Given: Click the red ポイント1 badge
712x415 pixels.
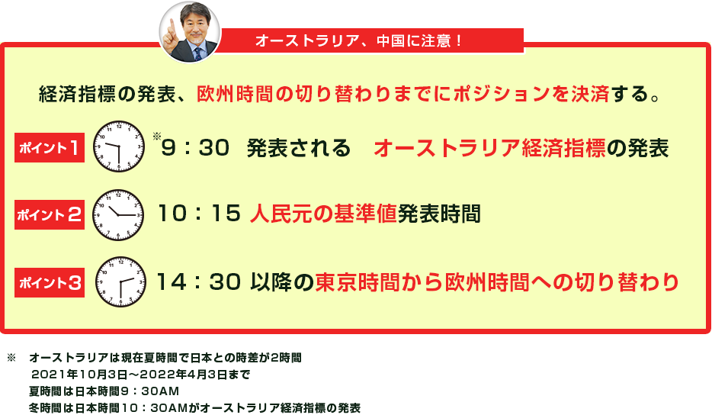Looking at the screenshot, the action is (50, 147).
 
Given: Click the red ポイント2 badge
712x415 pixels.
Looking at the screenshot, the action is (50, 214).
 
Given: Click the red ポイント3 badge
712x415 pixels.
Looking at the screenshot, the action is (50, 282).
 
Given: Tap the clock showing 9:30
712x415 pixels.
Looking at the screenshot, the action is (119, 146).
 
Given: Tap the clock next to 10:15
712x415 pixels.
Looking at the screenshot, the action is (118, 215).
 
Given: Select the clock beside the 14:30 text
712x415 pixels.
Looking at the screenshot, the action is (120, 281).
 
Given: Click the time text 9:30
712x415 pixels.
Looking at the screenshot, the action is (195, 148).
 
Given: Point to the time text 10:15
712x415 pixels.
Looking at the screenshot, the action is (199, 214).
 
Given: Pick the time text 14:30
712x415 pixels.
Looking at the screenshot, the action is (198, 281).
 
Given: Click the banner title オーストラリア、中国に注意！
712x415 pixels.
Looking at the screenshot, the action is (359, 41).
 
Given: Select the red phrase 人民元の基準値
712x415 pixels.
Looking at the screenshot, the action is (323, 214).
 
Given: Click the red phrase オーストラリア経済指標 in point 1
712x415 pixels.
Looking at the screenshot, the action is (489, 148).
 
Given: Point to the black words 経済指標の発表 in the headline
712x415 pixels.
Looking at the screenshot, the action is (107, 94).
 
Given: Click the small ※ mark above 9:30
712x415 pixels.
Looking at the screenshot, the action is (157, 136).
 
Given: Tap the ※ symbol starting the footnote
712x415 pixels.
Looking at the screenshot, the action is (11, 359).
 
